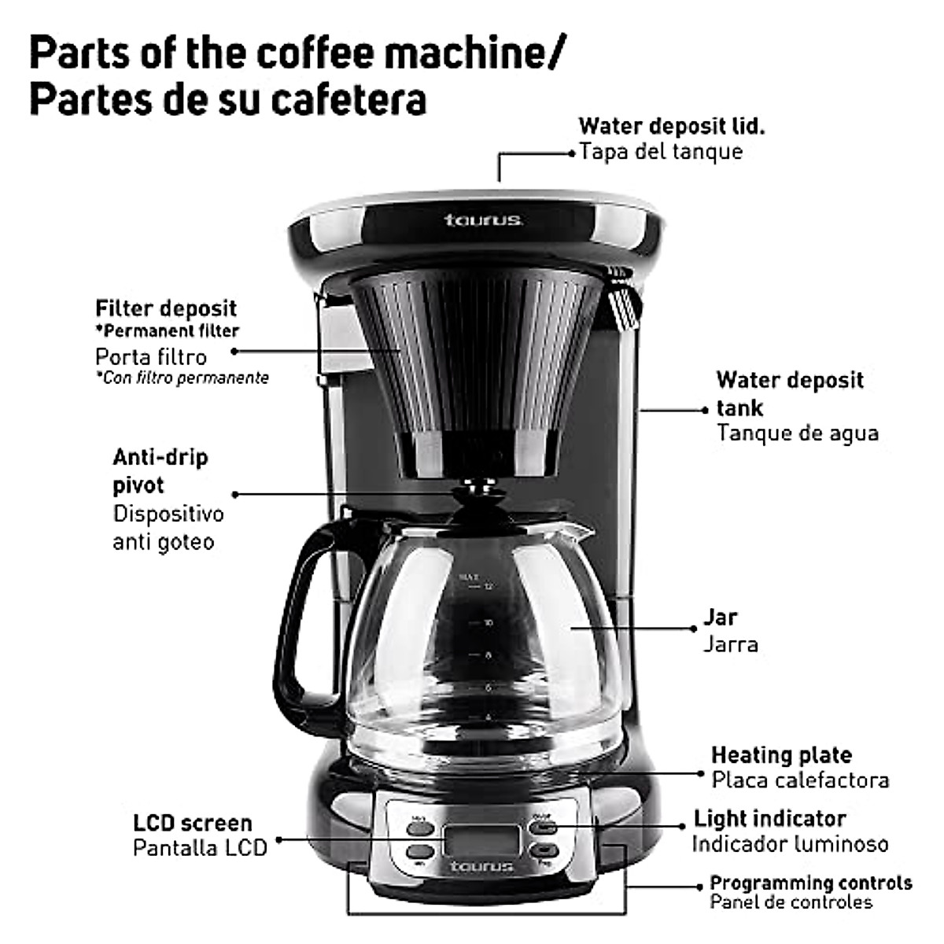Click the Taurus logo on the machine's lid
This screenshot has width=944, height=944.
pos(483,219)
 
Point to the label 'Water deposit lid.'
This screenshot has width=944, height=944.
pos(671,126)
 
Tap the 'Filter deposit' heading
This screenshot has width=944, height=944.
pos(165,308)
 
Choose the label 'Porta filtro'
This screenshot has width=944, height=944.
pos(151,356)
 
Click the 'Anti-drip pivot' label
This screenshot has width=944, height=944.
pos(160,470)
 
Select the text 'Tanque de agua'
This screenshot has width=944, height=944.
pos(797,433)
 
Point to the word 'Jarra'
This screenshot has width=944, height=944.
pos(730,644)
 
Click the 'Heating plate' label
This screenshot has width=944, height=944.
pos(781,755)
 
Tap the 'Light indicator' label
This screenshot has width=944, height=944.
pos(769,818)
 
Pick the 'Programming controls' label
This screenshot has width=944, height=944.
pos(810,883)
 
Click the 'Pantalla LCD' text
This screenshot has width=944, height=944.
pos(200,847)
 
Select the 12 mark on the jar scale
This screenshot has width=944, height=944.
pos(489,587)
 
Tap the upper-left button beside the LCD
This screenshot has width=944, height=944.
pos(419,826)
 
